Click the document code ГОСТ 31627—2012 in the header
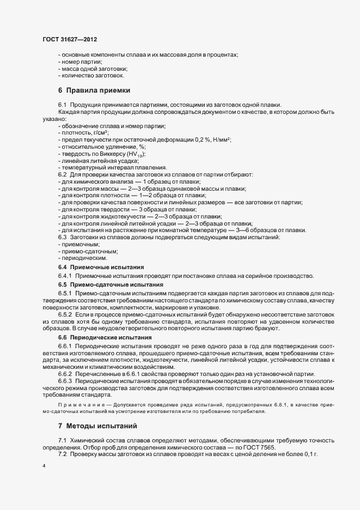[x=70, y=40]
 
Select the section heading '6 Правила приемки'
[x=94, y=90]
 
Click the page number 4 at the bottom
[x=44, y=466]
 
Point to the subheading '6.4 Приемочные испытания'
[x=101, y=267]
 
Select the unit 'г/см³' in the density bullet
[x=99, y=133]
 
